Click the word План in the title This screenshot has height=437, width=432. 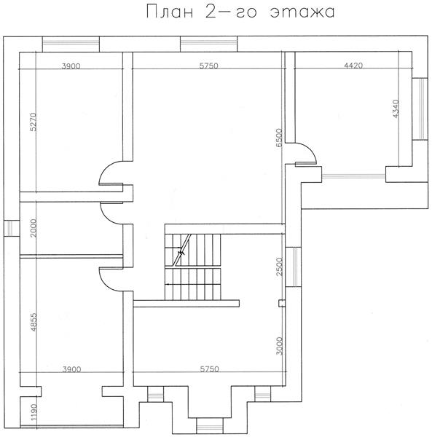click(x=170, y=12)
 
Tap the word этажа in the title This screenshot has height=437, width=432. click(x=302, y=12)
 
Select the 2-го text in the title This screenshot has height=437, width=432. click(x=231, y=12)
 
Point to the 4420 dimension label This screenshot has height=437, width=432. click(x=353, y=66)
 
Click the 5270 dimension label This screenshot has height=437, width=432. click(x=33, y=122)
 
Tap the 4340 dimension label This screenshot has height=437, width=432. click(x=396, y=109)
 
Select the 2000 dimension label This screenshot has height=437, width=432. click(x=33, y=228)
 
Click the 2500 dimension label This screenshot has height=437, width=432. click(x=279, y=267)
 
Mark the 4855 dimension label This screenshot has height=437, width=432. click(x=34, y=322)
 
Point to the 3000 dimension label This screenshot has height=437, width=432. click(x=279, y=346)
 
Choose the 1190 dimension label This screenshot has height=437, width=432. click(x=34, y=412)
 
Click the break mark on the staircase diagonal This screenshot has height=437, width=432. click(x=181, y=253)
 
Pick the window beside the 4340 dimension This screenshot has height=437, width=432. click(x=420, y=109)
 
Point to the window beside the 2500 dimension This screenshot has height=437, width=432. click(x=294, y=267)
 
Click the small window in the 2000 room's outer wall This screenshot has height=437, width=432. click(x=12, y=228)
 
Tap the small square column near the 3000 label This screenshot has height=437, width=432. click(x=282, y=303)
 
